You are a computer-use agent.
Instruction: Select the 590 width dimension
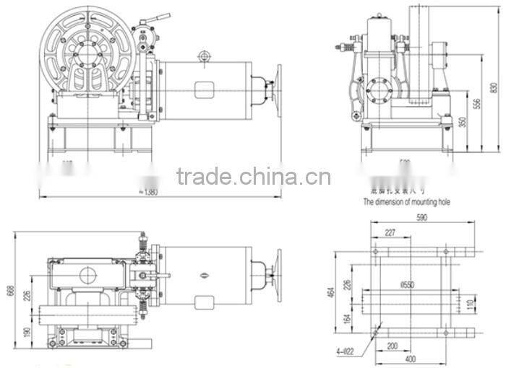[421, 216]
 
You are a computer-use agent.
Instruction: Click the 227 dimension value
[390, 232]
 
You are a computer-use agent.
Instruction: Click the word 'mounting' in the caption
[421, 203]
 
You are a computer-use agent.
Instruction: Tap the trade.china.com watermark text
[253, 177]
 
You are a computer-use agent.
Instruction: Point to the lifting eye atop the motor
[204, 55]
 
